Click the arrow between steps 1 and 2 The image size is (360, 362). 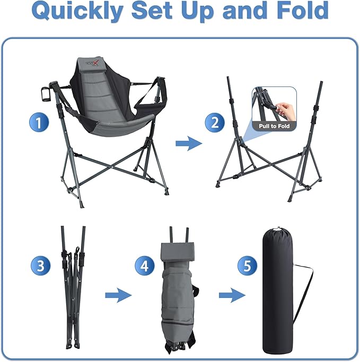point(189,144)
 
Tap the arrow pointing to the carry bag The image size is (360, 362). point(232,294)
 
